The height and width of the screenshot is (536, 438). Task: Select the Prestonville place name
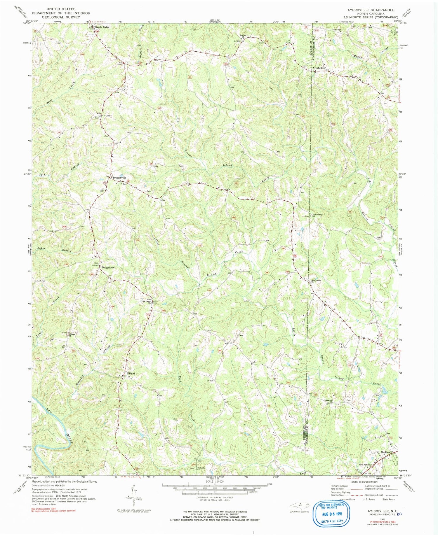(x=119, y=178)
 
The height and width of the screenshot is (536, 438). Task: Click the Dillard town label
(x=131, y=374)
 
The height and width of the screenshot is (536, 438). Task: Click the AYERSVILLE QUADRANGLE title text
(x=369, y=10)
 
